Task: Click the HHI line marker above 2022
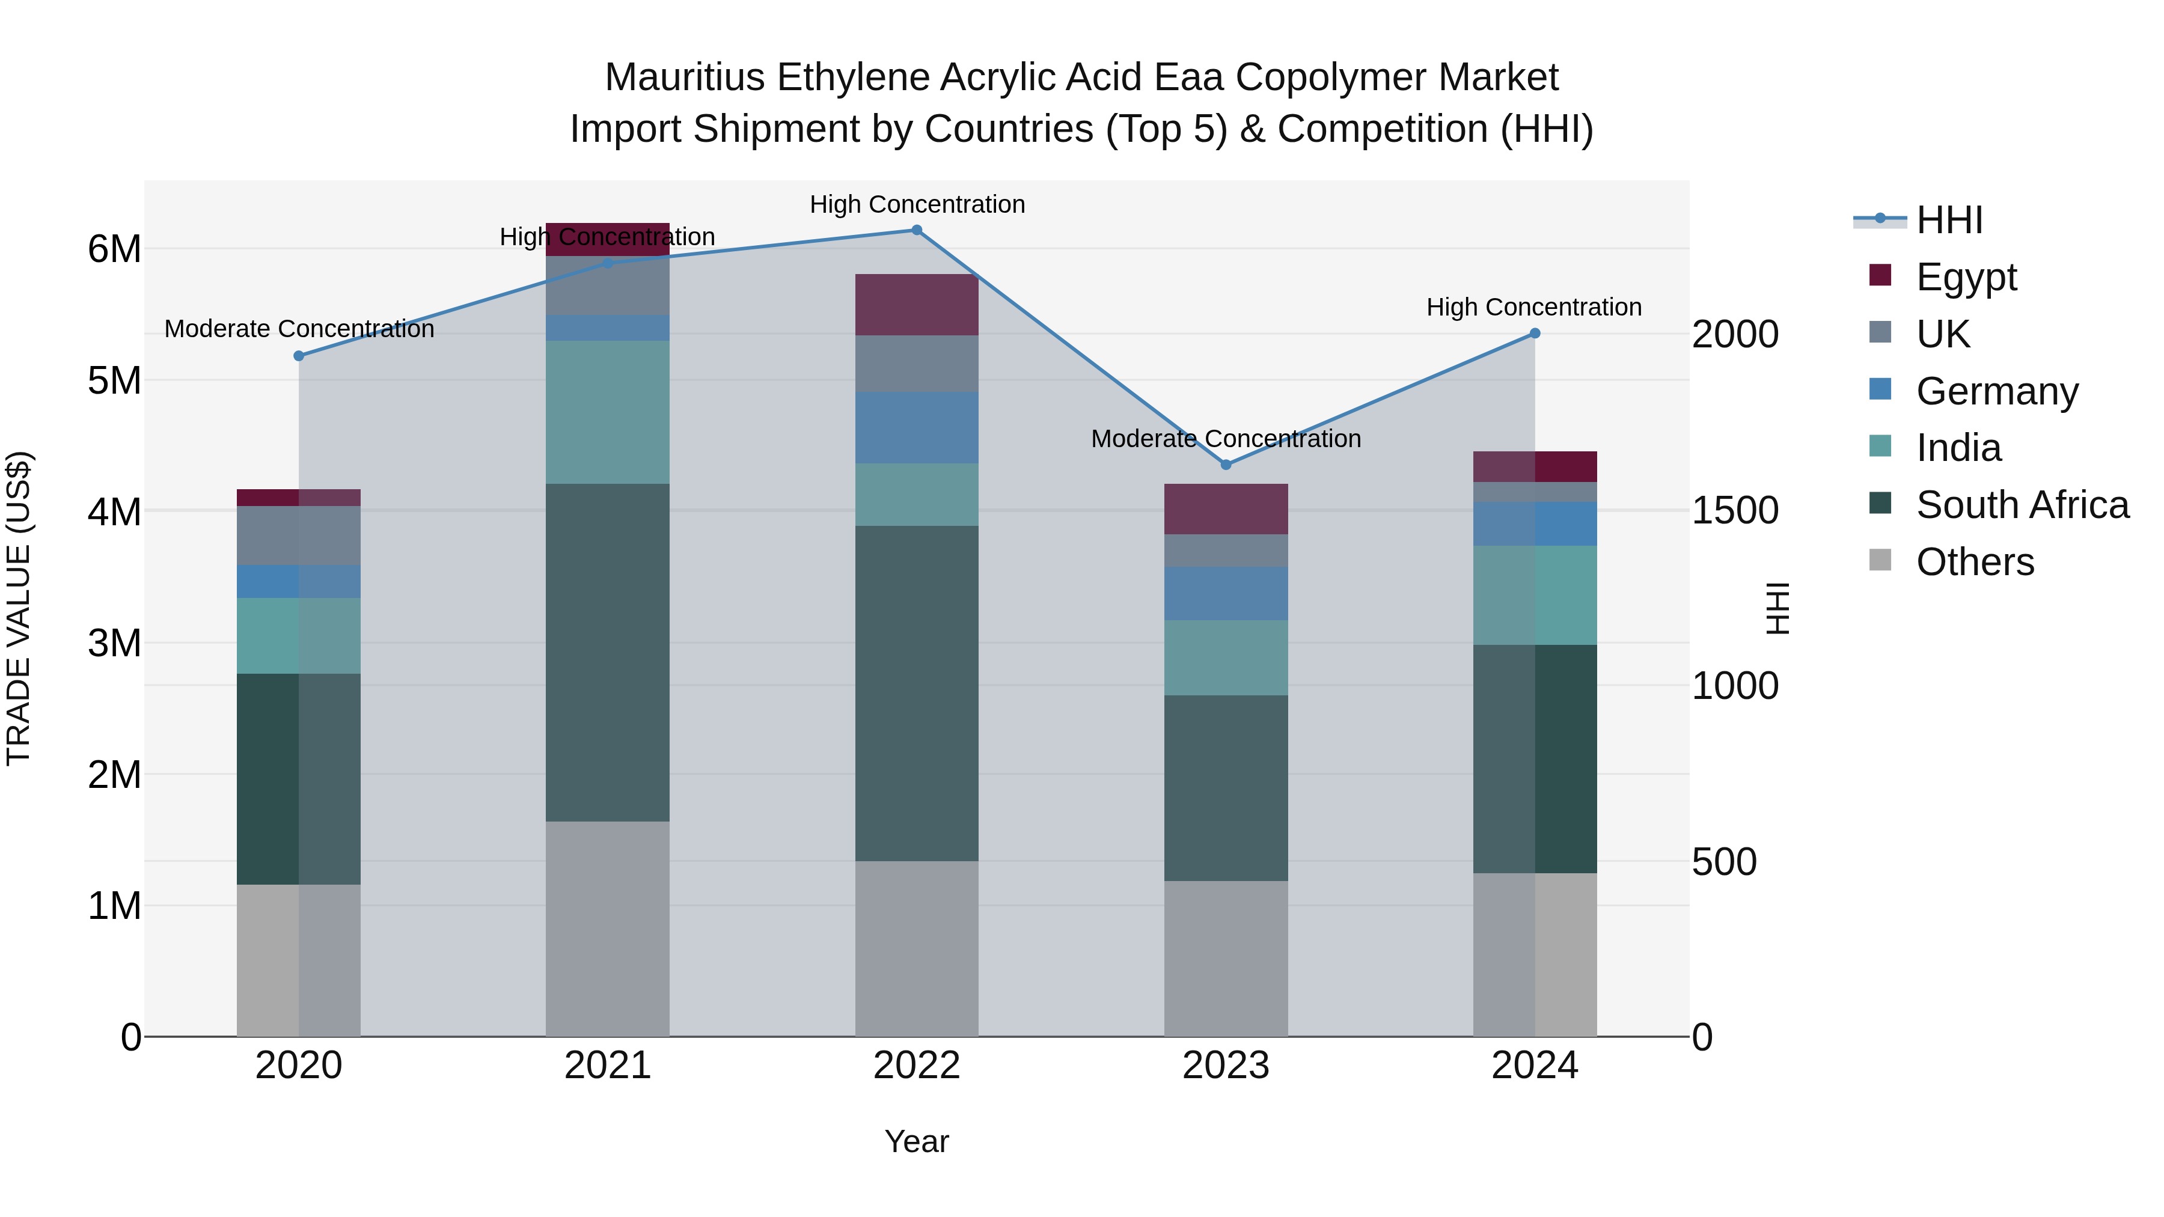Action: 917,230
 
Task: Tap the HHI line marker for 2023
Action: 1226,465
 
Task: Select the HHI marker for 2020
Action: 299,356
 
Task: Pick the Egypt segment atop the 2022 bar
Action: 917,305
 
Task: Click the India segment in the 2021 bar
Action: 607,412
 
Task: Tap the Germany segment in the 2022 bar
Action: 917,427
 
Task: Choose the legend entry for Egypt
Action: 1966,277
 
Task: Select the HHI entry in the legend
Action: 1949,220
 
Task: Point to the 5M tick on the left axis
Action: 115,380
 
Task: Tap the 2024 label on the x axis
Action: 1534,1066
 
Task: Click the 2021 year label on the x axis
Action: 607,1066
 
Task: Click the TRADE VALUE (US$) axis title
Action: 19,608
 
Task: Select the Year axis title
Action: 917,1141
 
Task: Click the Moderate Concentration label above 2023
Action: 1226,439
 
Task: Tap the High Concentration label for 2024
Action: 1534,307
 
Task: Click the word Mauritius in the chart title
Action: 685,78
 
